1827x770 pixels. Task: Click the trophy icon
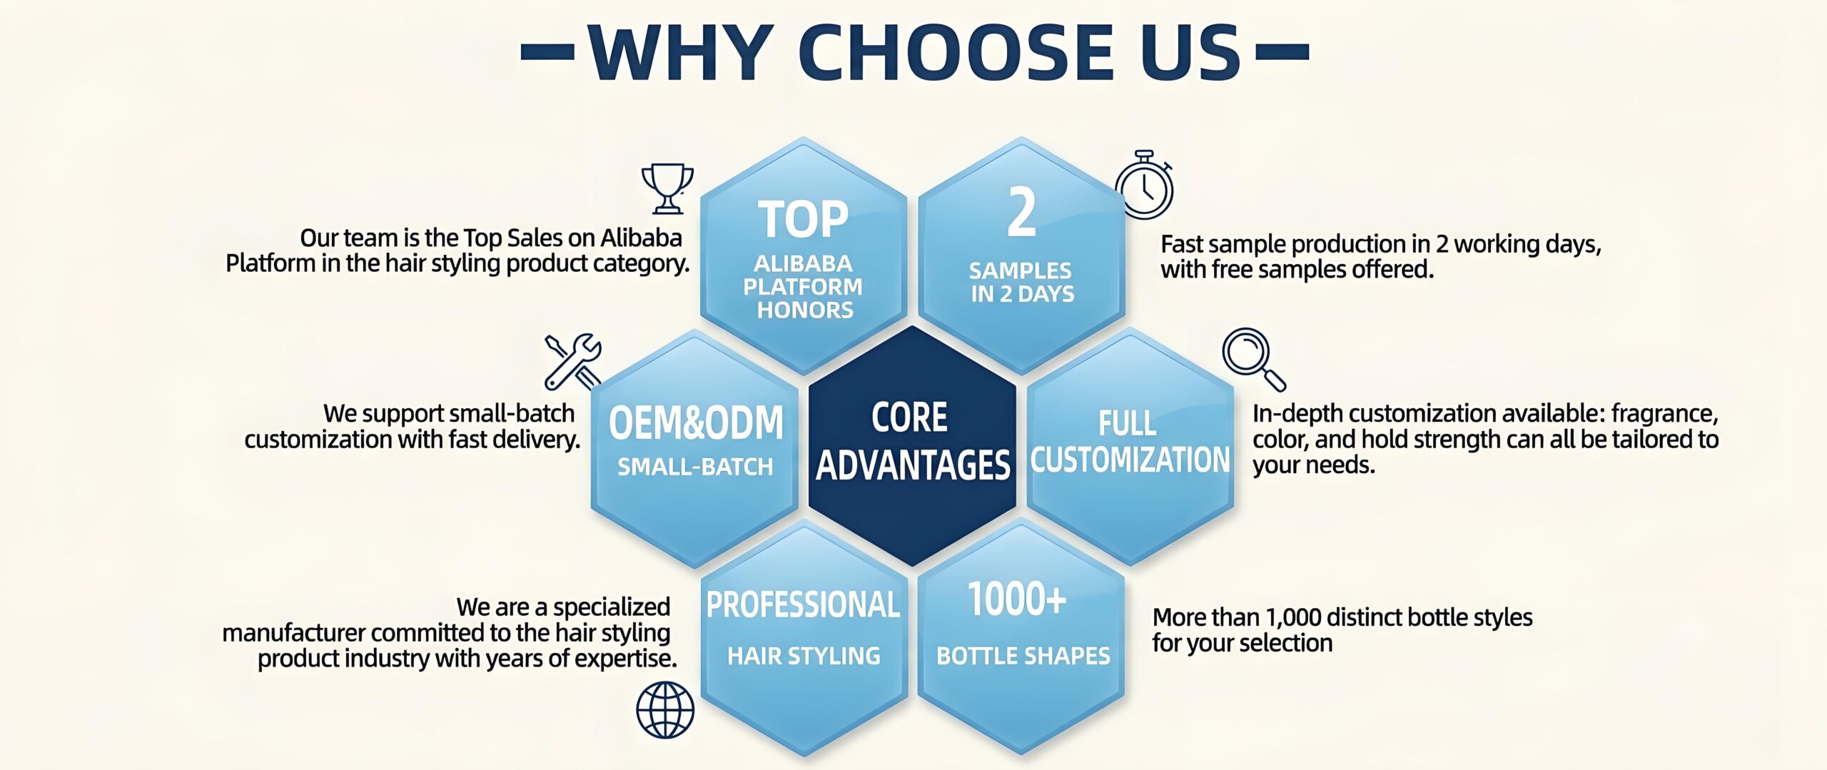tap(667, 188)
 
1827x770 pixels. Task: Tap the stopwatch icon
tap(1144, 185)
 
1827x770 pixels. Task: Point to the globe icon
tap(665, 710)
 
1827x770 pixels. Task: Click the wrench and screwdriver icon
tap(573, 362)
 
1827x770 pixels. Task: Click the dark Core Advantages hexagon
tap(912, 446)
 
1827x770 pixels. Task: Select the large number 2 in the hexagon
tap(1021, 212)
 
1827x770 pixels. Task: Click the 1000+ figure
tap(1017, 599)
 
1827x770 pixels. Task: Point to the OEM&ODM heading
tap(696, 422)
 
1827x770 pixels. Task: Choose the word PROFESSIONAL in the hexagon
tap(804, 604)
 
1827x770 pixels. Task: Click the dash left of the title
tap(548, 51)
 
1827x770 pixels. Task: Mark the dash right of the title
tap(1282, 51)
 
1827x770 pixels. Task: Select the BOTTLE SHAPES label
tap(1023, 656)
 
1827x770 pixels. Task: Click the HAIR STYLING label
tap(804, 656)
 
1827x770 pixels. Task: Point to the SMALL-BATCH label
tap(695, 467)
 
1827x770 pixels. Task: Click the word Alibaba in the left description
tap(642, 238)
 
